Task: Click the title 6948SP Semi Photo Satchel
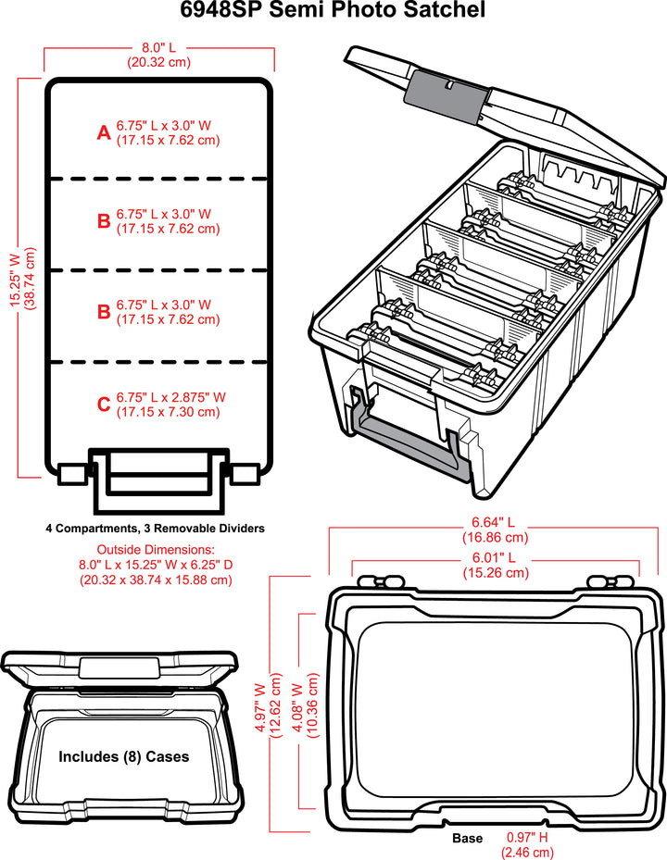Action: [333, 11]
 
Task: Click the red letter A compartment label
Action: [104, 133]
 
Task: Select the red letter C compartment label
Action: [104, 404]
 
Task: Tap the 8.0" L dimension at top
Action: [158, 47]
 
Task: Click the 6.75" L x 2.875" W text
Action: [171, 397]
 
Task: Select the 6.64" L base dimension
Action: [495, 522]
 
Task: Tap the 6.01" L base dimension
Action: [495, 558]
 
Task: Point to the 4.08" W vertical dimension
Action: [298, 709]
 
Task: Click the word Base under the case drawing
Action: [467, 838]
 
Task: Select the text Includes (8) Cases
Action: [124, 756]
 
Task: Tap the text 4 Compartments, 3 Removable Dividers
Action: [156, 529]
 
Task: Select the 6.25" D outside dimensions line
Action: [157, 565]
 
